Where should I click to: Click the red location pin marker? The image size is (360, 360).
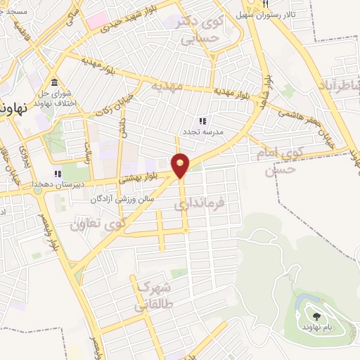181,165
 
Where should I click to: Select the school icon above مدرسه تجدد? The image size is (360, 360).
203,121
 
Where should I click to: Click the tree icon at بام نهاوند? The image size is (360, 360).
315,316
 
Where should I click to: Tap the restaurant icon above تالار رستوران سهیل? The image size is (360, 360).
265,4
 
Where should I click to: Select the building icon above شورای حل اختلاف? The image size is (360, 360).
55,82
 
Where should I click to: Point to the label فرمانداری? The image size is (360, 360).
200,205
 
